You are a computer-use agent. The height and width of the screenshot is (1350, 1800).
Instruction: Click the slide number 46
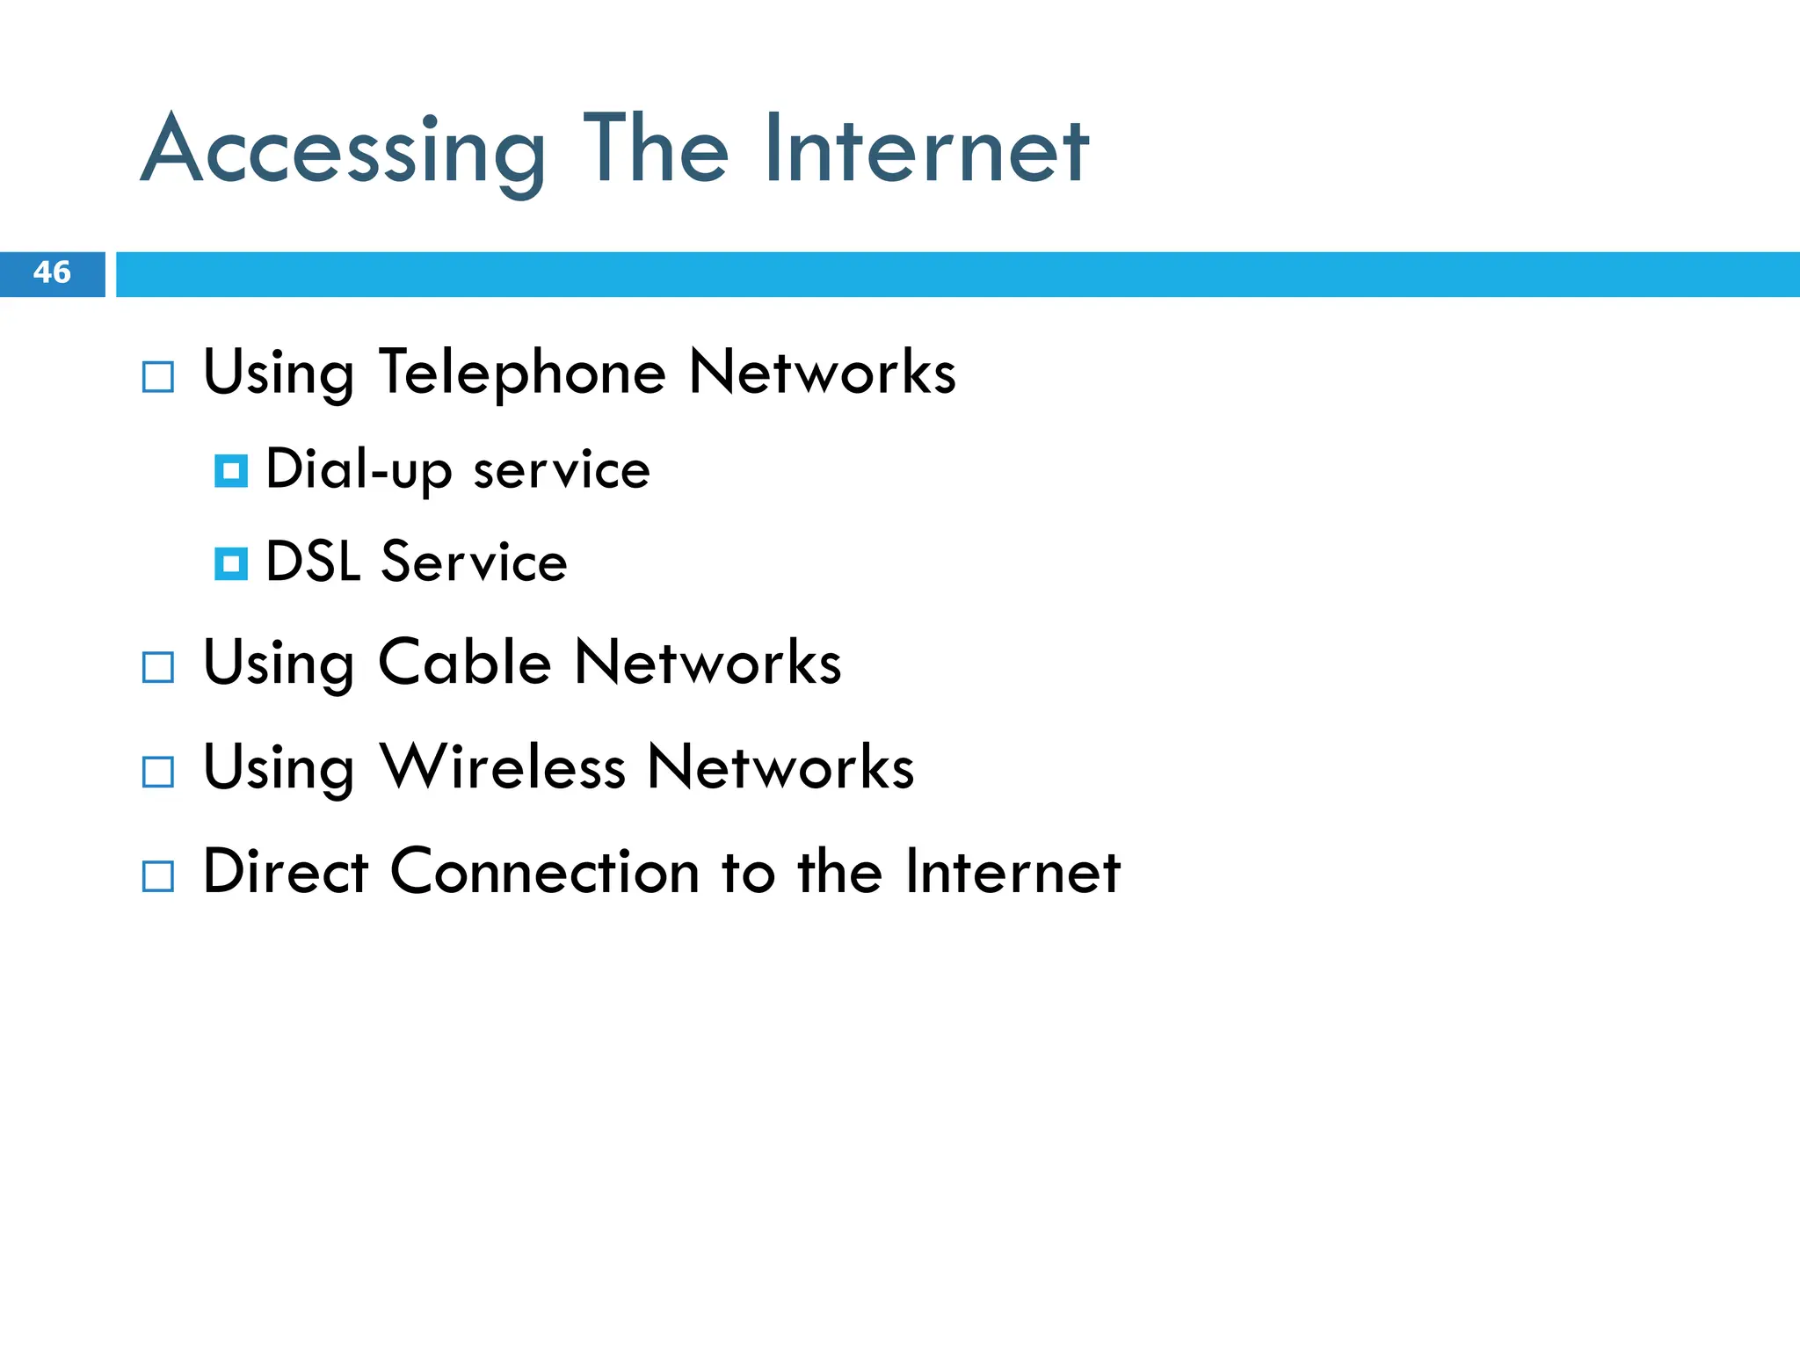[x=52, y=272]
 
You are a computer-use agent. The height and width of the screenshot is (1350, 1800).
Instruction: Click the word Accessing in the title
[x=343, y=151]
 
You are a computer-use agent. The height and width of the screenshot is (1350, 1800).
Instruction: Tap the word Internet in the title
[x=926, y=151]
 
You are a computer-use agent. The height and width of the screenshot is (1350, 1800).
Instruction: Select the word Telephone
[x=522, y=374]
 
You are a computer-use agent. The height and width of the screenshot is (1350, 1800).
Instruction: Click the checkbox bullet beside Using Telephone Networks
[x=158, y=377]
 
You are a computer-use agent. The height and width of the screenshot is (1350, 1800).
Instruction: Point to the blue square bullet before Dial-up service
[x=231, y=471]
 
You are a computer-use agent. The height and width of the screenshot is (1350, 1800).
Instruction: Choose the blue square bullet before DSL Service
[x=231, y=563]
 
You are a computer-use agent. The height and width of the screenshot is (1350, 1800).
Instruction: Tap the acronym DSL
[x=313, y=562]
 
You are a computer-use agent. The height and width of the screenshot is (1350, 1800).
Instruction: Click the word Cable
[x=465, y=663]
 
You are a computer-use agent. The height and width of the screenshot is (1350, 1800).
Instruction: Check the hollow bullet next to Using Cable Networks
[x=158, y=668]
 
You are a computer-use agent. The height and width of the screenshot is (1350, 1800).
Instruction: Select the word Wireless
[x=503, y=767]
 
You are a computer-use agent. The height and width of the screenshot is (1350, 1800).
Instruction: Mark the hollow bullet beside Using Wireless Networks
[x=158, y=773]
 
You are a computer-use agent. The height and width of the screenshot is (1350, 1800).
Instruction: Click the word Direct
[x=286, y=872]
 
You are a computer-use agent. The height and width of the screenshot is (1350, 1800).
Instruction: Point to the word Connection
[x=545, y=872]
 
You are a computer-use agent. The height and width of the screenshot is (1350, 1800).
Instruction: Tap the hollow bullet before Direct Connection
[x=158, y=876]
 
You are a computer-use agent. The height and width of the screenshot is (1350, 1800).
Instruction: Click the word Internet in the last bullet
[x=1012, y=872]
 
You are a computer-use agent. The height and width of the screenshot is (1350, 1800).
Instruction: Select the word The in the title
[x=656, y=151]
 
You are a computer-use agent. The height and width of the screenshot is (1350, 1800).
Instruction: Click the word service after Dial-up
[x=562, y=470]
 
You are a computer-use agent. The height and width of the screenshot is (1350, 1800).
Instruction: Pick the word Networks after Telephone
[x=822, y=374]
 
